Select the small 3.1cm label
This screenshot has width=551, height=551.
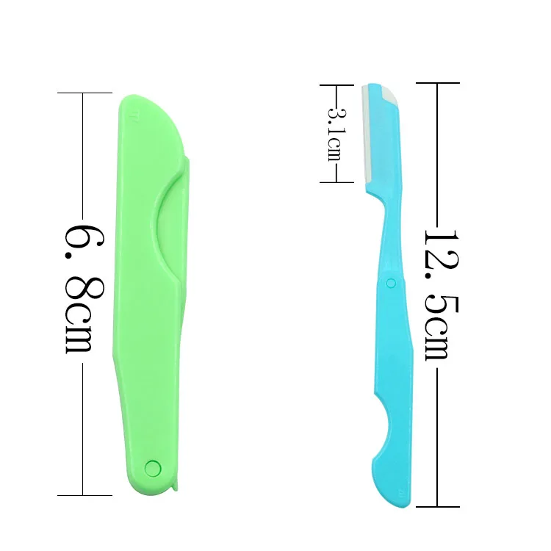[x=335, y=134]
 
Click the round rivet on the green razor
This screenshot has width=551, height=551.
[x=153, y=467]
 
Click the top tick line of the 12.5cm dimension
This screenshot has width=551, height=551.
[x=437, y=83]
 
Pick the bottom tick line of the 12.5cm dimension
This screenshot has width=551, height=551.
[x=437, y=507]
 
